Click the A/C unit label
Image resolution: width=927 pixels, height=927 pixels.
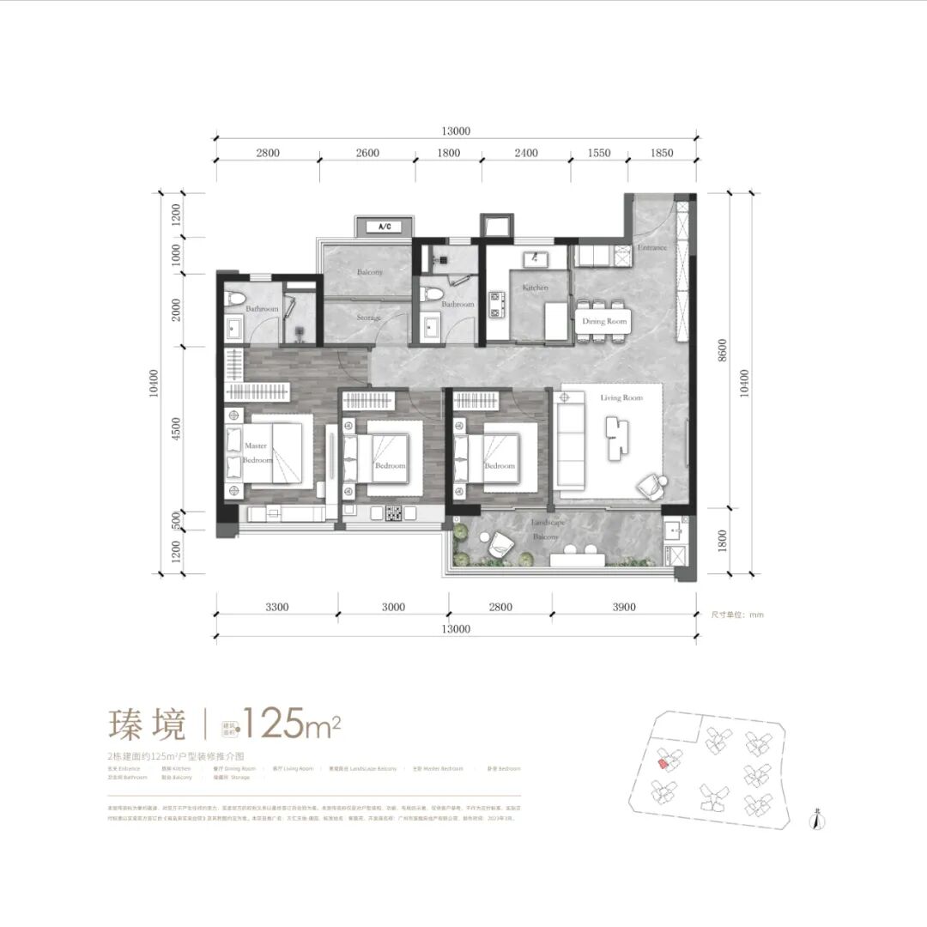[x=384, y=227]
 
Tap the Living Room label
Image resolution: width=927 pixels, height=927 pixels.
[x=621, y=398]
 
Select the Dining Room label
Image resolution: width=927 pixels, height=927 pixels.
[x=605, y=321]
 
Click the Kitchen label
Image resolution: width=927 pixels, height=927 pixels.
[x=535, y=288]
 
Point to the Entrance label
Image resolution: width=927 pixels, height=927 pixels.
[x=652, y=247]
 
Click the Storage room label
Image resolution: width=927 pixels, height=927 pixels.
[x=368, y=318]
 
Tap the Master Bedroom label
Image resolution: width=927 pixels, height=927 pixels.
[x=257, y=453]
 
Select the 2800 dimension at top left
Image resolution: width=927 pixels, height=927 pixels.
[x=267, y=153]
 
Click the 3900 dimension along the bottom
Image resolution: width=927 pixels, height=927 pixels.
[x=624, y=607]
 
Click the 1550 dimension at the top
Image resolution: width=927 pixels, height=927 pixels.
[x=600, y=153]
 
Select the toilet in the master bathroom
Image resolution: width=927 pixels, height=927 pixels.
[x=235, y=300]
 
